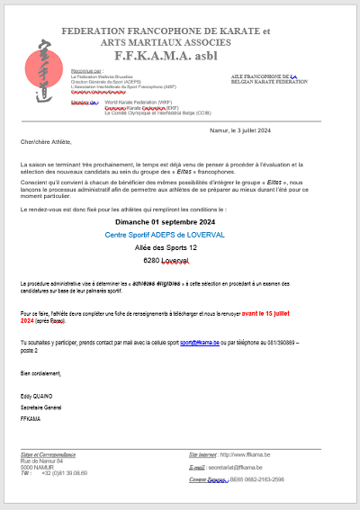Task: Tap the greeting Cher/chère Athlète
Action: coord(47,142)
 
